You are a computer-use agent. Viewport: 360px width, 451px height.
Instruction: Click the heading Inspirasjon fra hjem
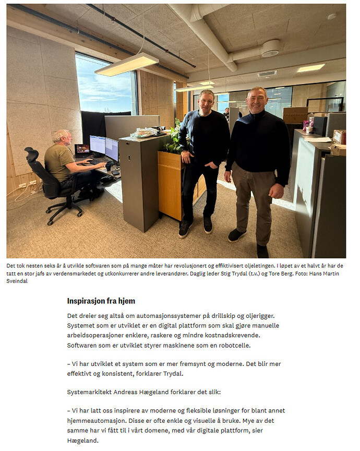pyautogui.click(x=101, y=301)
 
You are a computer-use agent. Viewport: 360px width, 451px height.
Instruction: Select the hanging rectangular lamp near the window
pyautogui.click(x=126, y=64)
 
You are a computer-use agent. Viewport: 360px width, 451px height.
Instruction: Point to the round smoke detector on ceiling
pyautogui.click(x=271, y=48)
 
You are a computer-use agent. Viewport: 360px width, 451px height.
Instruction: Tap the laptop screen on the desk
pyautogui.click(x=82, y=150)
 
